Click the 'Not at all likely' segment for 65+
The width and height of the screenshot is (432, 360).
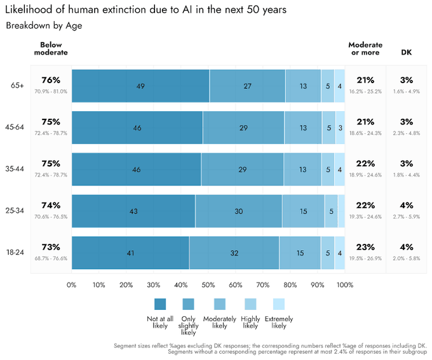pyautogui.click(x=140, y=86)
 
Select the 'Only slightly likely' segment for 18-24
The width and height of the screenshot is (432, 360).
pyautogui.click(x=234, y=253)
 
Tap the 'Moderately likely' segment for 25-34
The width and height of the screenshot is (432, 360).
pyautogui.click(x=303, y=211)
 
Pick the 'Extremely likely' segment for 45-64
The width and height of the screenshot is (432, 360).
pyautogui.click(x=340, y=128)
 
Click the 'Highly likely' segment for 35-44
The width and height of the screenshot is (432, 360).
pyautogui.click(x=328, y=170)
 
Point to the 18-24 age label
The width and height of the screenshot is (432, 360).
pyautogui.click(x=15, y=253)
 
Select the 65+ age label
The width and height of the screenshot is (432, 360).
pyautogui.click(x=17, y=86)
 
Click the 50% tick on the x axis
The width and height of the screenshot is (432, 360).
pyautogui.click(x=208, y=285)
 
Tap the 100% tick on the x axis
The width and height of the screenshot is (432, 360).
pyautogui.click(x=345, y=285)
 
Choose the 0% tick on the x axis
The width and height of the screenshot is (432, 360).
pyautogui.click(x=71, y=285)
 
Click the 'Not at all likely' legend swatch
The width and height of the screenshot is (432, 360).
pyautogui.click(x=160, y=304)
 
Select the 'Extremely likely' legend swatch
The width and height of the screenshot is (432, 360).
pyautogui.click(x=279, y=304)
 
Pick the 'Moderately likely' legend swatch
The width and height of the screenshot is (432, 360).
pyautogui.click(x=219, y=304)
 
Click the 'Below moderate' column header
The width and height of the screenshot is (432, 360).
pyautogui.click(x=51, y=49)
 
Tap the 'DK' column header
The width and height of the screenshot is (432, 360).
pyautogui.click(x=406, y=53)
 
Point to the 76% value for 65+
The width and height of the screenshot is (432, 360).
pyautogui.click(x=51, y=81)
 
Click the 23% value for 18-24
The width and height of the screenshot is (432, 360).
pyautogui.click(x=365, y=248)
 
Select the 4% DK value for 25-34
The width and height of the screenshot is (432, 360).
pyautogui.click(x=407, y=206)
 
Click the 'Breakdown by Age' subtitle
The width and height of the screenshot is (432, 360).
pyautogui.click(x=44, y=26)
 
